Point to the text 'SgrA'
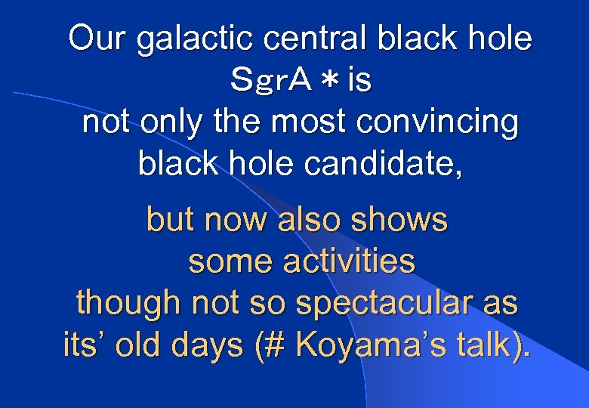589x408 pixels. pos(271,81)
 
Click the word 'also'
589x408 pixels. pos(307,221)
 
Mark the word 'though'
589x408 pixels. pos(129,304)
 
